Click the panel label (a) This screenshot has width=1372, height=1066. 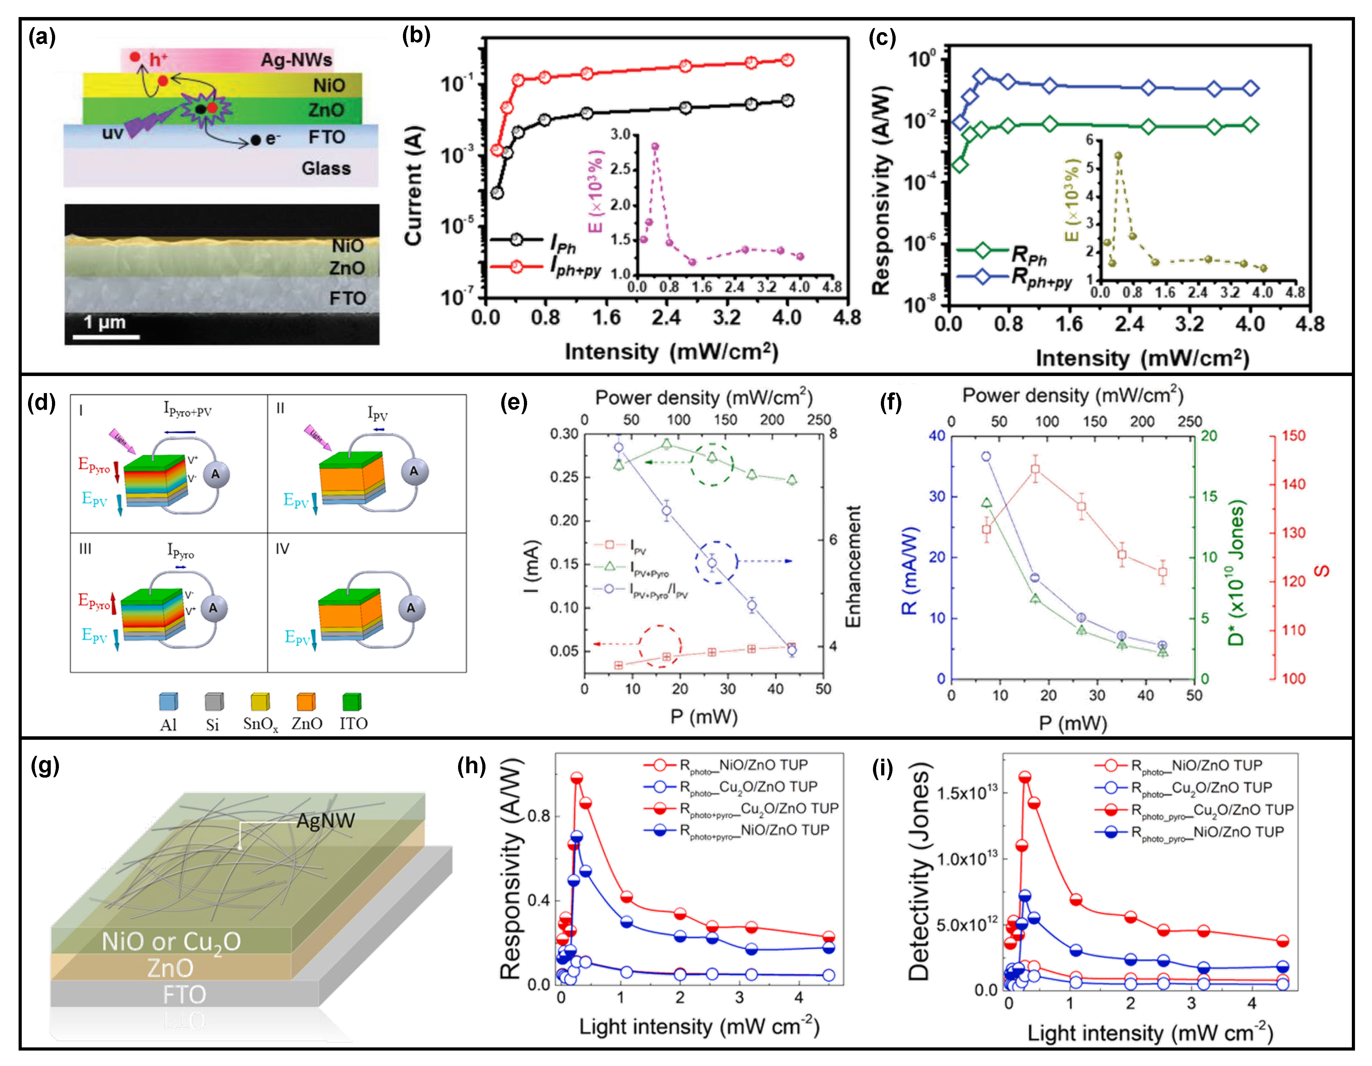click(x=42, y=38)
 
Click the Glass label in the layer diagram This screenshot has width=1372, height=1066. click(x=326, y=168)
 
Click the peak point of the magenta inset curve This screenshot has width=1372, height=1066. click(x=655, y=147)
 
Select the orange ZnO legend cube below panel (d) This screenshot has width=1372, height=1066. click(x=306, y=701)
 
